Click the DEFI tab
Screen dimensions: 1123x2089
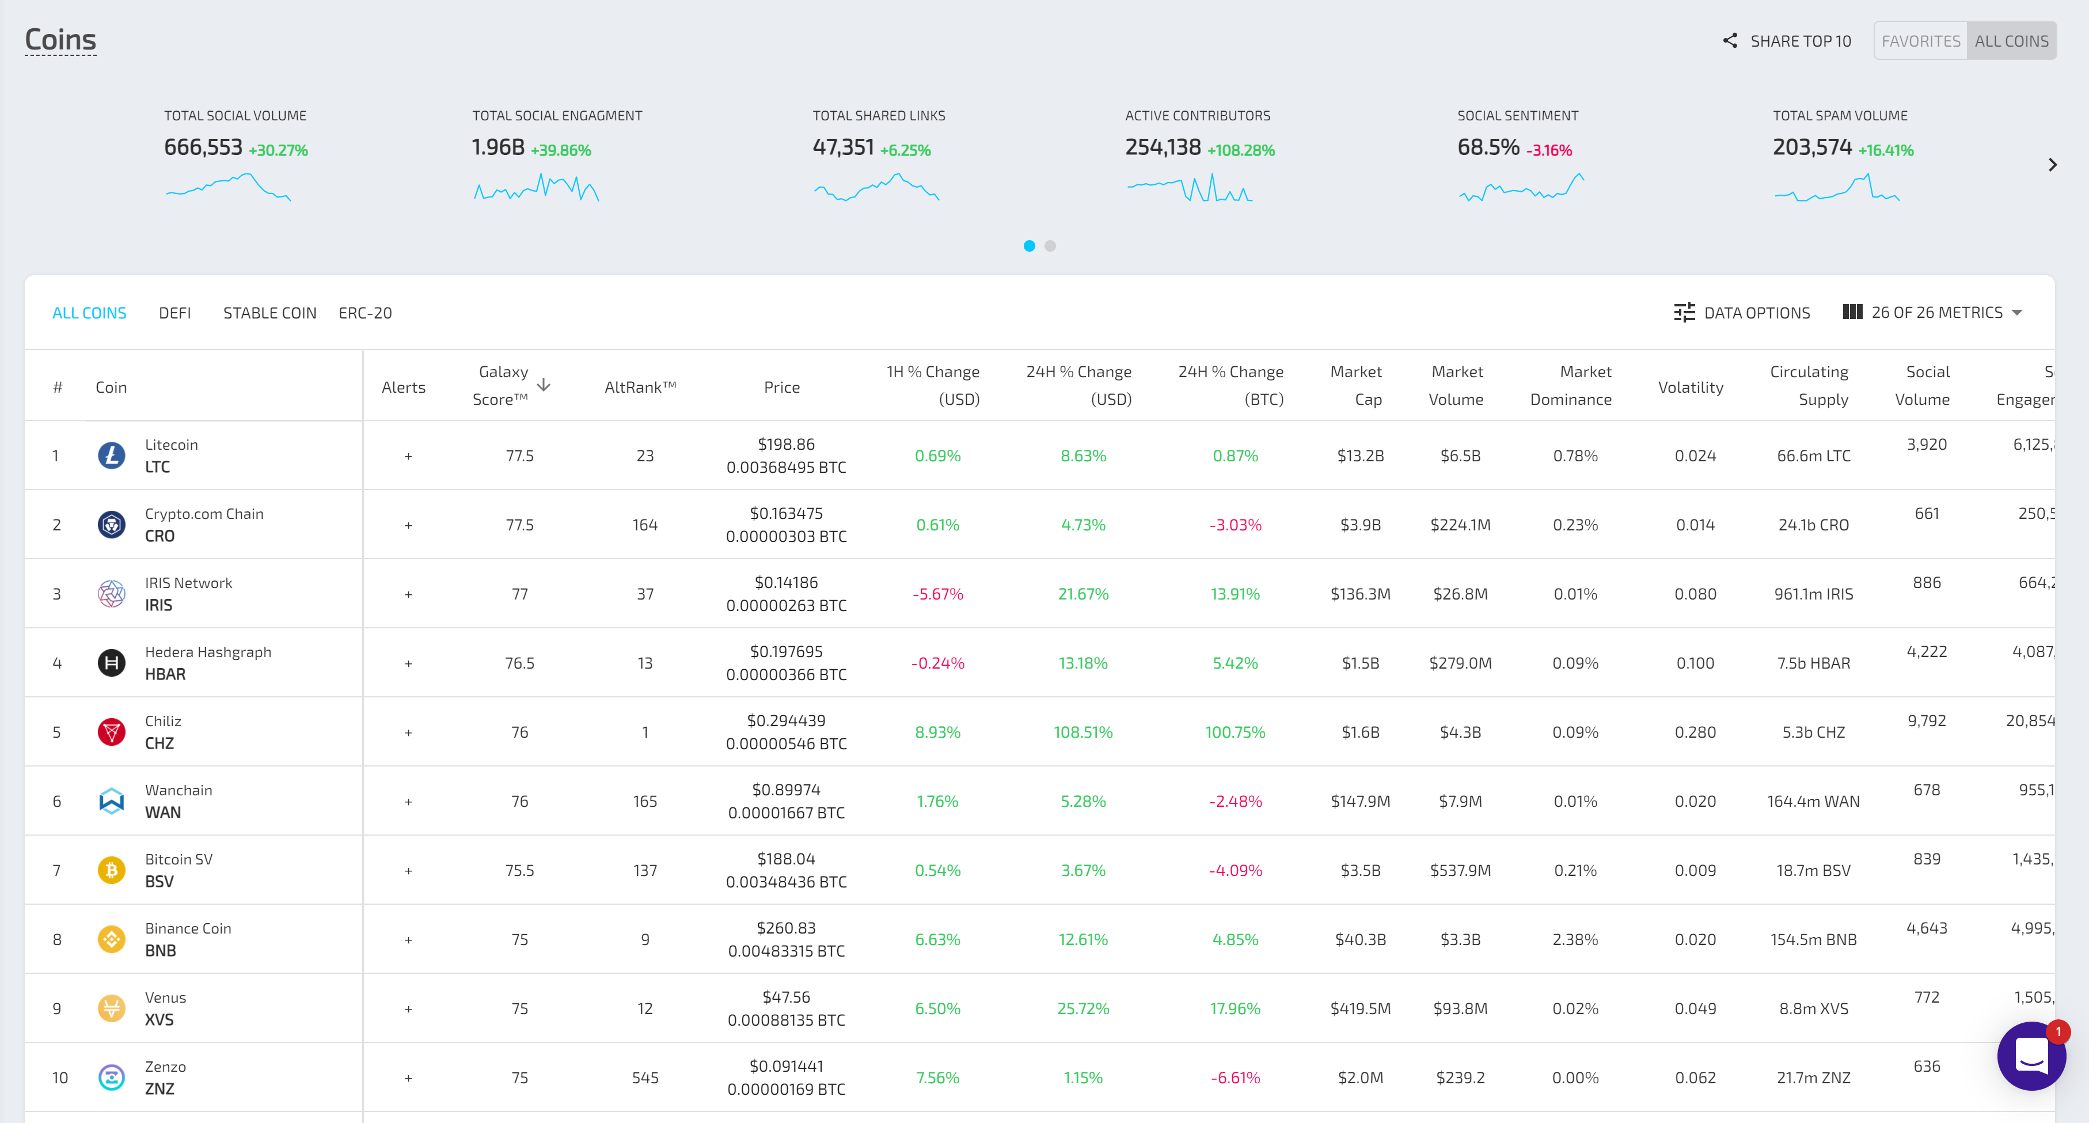coord(174,313)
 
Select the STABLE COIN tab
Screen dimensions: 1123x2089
coord(269,313)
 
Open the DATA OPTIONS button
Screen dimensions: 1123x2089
coord(1741,313)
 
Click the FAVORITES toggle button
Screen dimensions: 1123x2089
coord(1920,40)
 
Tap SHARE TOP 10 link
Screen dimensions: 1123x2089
coord(1787,40)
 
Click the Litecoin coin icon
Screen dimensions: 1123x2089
coord(111,456)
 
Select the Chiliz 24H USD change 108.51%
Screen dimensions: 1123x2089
coord(1083,732)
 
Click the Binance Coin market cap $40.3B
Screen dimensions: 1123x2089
coord(1360,940)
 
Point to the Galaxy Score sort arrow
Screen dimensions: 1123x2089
coord(544,385)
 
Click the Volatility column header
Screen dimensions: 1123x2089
coord(1690,388)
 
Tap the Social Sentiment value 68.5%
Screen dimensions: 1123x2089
coord(1488,147)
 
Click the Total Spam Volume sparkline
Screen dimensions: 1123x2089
coord(1837,188)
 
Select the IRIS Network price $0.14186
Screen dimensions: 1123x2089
coord(786,583)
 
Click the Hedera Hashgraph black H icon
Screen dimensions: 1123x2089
coord(111,663)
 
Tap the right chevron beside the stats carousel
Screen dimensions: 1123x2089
coord(2052,165)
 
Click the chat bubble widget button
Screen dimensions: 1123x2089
coord(2031,1056)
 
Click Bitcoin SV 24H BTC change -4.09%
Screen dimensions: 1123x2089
coord(1235,871)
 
